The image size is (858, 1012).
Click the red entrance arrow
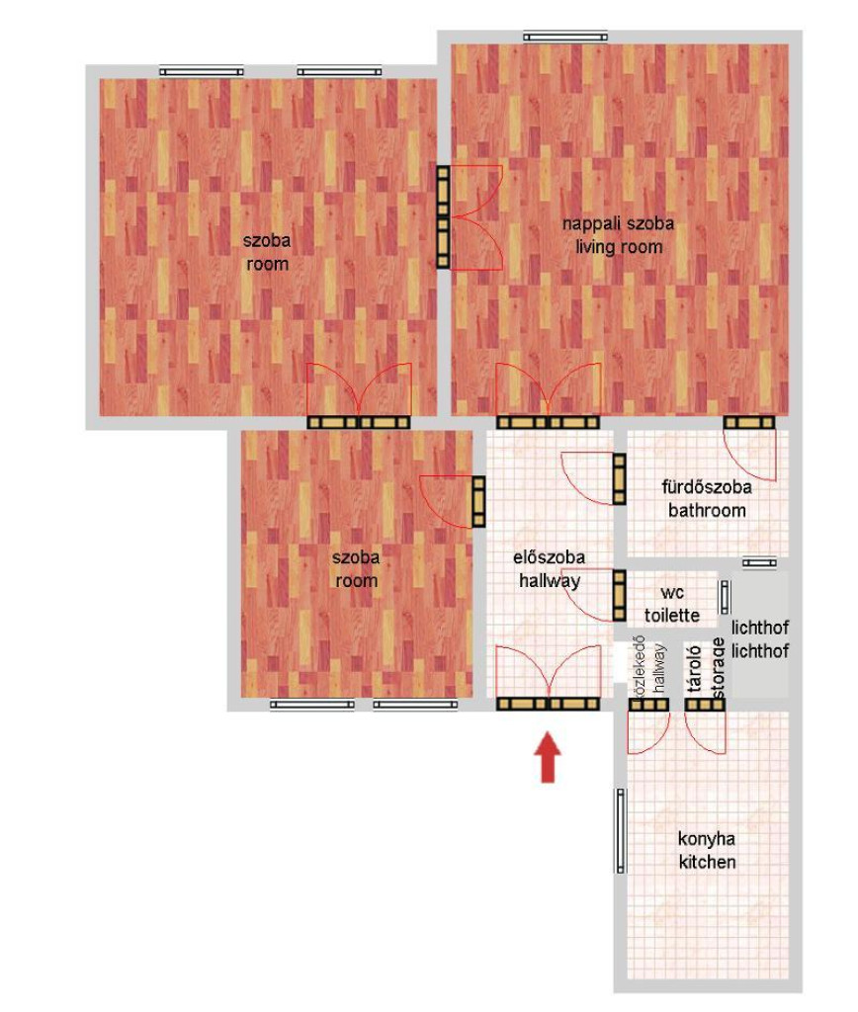pos(548,757)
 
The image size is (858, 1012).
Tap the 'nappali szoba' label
pos(618,224)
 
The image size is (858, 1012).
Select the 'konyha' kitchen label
pos(707,839)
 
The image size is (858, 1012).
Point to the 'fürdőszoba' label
pos(707,486)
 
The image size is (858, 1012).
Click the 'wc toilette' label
pos(672,604)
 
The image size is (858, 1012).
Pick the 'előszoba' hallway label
pos(549,557)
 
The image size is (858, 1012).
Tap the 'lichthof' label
pos(760,639)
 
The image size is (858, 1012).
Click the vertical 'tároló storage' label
pos(705,668)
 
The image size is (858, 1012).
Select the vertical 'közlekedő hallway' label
pos(648,669)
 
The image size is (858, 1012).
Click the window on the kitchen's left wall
pos(621,830)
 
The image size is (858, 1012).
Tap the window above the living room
pos(565,37)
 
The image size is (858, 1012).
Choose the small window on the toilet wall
pos(725,597)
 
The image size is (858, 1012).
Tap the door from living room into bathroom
pos(749,448)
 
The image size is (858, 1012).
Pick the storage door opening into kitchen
pos(705,726)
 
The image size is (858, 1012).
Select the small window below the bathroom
pos(759,562)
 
